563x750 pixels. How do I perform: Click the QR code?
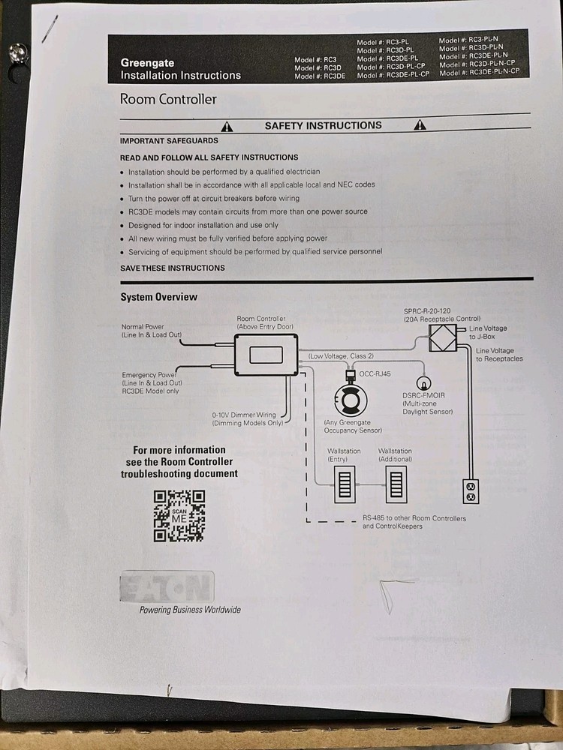click(179, 516)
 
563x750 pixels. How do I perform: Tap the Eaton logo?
click(167, 586)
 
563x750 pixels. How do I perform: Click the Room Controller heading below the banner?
click(168, 99)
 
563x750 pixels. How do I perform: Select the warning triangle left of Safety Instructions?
click(227, 127)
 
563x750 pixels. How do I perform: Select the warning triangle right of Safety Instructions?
click(420, 124)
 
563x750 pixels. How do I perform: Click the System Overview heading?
click(159, 297)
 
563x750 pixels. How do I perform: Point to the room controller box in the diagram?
click(266, 355)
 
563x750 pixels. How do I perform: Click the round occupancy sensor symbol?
click(351, 398)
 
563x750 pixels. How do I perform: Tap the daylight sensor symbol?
click(423, 383)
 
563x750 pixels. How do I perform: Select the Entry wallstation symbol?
click(345, 485)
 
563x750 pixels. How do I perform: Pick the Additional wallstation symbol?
click(396, 485)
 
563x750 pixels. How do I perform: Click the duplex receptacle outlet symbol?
click(471, 491)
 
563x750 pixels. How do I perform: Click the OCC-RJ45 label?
click(375, 374)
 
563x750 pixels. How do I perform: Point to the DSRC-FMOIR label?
click(423, 395)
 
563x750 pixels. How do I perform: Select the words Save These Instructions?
click(173, 268)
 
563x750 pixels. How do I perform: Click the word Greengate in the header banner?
click(147, 63)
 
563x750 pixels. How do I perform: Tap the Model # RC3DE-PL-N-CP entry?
click(479, 72)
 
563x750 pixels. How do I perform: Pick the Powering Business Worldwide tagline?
click(190, 610)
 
